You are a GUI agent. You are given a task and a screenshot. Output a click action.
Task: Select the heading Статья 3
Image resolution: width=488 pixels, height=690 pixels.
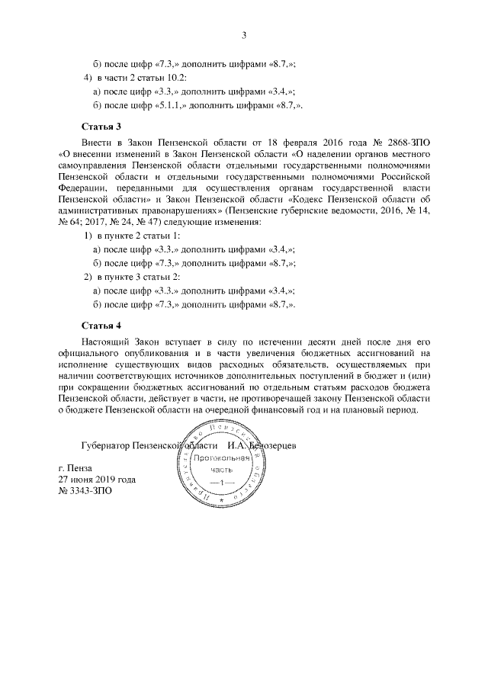click(101, 124)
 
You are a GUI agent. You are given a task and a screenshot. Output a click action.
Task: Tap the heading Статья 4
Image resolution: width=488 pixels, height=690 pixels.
click(101, 325)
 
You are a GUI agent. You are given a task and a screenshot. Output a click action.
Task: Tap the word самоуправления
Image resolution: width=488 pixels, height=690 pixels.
click(94, 164)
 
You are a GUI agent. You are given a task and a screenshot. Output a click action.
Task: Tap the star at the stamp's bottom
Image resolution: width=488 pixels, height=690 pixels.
click(220, 525)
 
